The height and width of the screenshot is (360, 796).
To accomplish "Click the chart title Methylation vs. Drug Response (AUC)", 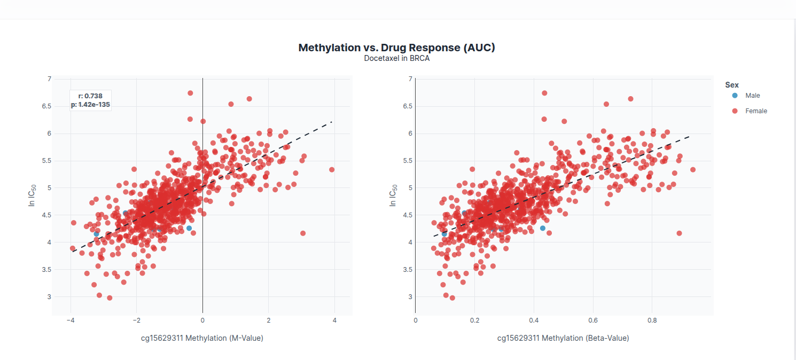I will click(396, 48).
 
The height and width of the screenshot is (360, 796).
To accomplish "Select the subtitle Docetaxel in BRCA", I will click(396, 58).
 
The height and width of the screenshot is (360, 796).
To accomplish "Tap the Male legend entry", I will click(752, 96).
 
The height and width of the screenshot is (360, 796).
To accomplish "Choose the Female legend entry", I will click(756, 111).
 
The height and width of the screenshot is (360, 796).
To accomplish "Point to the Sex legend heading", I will click(732, 85).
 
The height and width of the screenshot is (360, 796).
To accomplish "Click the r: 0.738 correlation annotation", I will click(90, 96).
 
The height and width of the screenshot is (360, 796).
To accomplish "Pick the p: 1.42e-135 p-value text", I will click(90, 105).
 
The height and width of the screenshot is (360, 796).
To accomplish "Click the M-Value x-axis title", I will click(202, 338).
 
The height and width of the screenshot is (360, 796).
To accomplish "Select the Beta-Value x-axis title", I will click(563, 338).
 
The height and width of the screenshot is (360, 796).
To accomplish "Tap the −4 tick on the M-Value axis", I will click(70, 320).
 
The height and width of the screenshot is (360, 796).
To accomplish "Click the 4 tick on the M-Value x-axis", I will click(334, 320).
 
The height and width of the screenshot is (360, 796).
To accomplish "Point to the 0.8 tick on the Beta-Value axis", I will click(652, 320).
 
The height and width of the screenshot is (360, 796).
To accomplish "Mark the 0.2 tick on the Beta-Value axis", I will click(474, 320).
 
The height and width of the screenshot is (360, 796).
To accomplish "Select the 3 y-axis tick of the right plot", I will click(410, 297).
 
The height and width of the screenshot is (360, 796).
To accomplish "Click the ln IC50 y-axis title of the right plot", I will click(394, 195).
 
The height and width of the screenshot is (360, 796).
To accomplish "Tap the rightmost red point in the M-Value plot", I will click(332, 170).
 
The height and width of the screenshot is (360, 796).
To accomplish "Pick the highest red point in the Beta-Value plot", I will click(544, 93).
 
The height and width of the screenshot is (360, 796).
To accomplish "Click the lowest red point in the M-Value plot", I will click(110, 298).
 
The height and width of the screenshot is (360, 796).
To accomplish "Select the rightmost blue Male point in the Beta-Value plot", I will click(543, 228).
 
